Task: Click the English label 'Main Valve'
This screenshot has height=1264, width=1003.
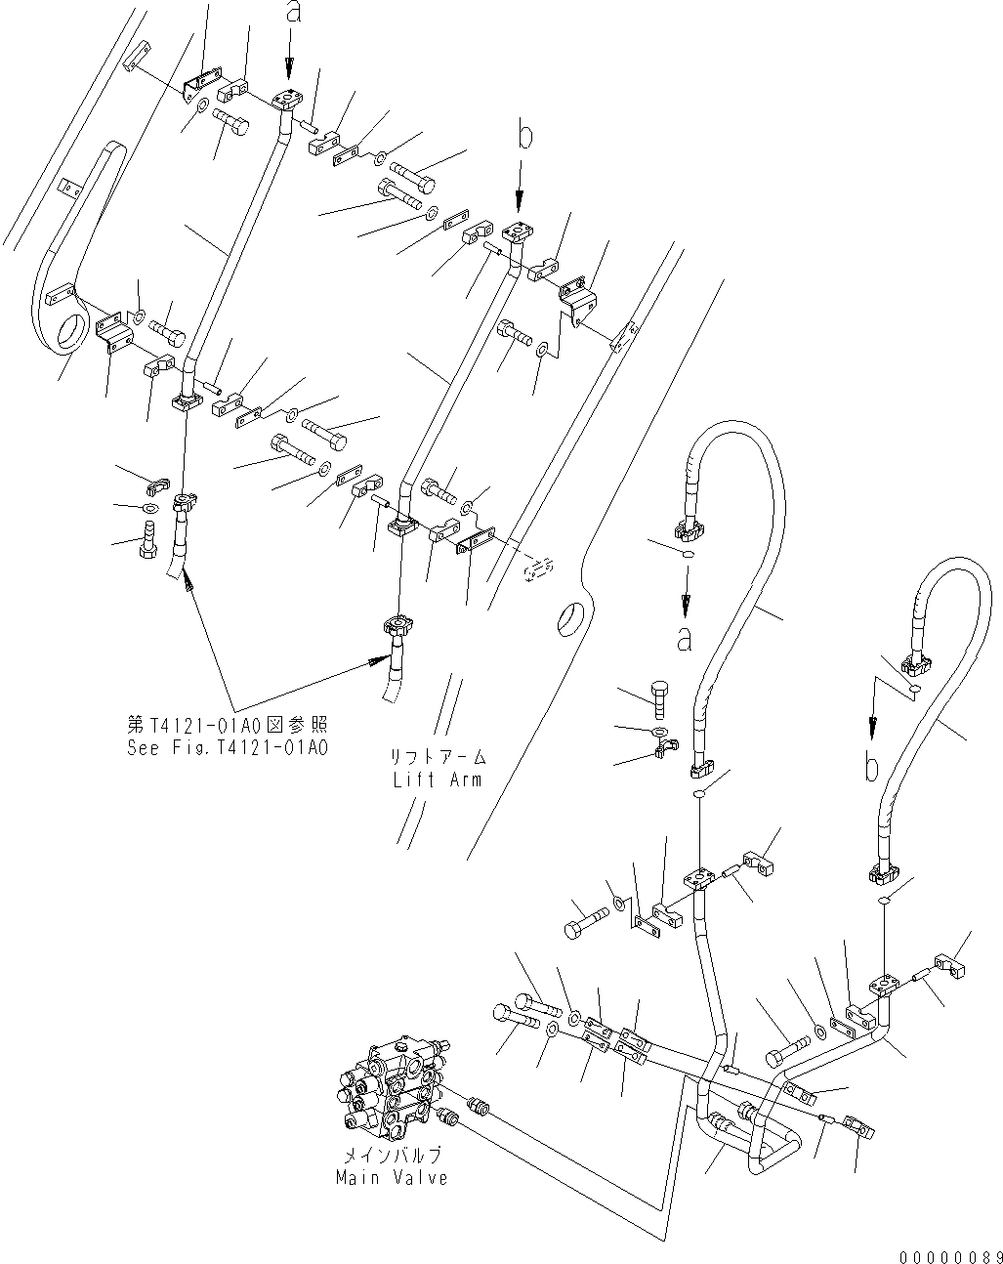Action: tap(392, 1177)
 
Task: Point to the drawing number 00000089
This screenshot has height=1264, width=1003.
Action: tap(945, 1256)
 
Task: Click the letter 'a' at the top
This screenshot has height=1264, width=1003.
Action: tap(290, 14)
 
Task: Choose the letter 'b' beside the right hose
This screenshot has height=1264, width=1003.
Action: tap(872, 767)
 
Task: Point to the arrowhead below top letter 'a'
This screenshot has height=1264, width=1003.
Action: tap(290, 70)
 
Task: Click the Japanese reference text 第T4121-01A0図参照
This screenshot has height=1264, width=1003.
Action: tap(227, 726)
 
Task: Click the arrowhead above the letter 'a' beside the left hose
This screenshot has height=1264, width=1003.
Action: tap(685, 602)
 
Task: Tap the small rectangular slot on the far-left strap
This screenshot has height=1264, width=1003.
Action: tap(66, 186)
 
